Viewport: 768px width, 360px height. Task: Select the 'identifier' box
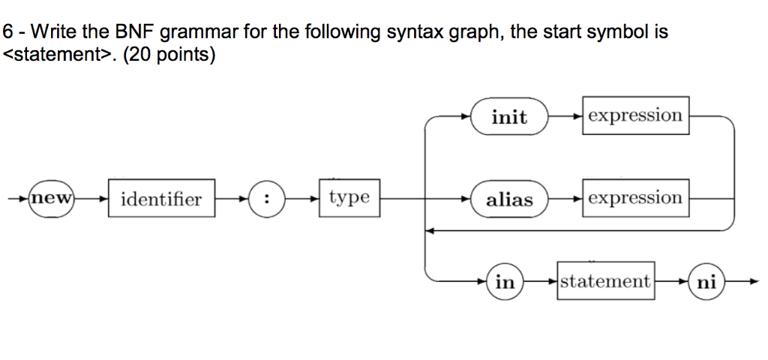pos(161,199)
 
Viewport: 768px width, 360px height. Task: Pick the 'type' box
pos(349,197)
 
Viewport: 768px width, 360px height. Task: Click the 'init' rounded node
pos(509,117)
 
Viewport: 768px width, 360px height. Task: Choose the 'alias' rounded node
pos(509,199)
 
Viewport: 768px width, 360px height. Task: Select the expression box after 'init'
pos(635,115)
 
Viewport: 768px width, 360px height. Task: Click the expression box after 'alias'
pos(635,198)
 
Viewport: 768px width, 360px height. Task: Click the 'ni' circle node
pos(706,282)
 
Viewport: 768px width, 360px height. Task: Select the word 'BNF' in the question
pos(133,32)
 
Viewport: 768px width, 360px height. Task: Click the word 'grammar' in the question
pos(193,33)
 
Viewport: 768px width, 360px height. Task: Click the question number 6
pos(8,32)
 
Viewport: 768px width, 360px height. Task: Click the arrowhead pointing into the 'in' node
pos(483,282)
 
